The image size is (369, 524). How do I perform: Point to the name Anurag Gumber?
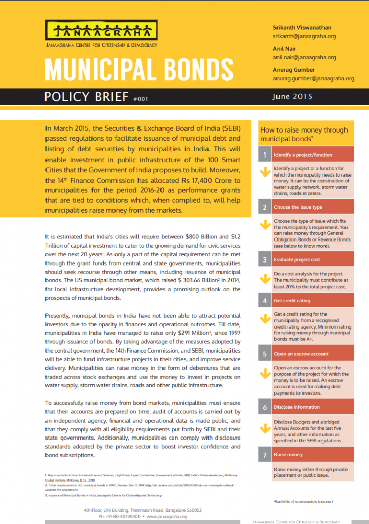click(x=293, y=70)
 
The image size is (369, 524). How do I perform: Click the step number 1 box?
click(x=264, y=154)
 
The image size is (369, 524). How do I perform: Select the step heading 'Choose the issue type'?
click(x=298, y=207)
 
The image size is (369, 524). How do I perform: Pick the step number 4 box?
click(x=264, y=301)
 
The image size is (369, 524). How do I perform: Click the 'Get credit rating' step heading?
click(x=292, y=301)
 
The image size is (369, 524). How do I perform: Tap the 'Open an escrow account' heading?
click(x=301, y=354)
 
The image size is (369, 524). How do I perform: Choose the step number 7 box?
click(x=264, y=454)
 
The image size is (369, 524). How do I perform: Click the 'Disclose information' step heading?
click(x=297, y=407)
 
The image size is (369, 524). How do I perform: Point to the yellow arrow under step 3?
click(x=265, y=279)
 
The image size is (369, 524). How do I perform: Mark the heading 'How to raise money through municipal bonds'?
click(x=304, y=134)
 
